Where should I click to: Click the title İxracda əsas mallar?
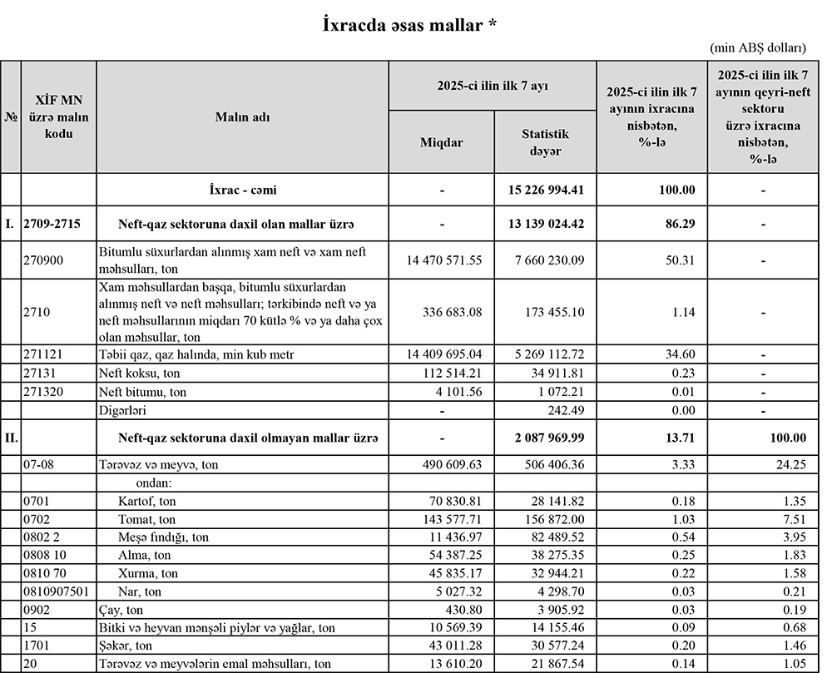point(410,26)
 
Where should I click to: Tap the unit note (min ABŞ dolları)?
point(758,49)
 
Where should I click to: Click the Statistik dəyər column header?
point(545,142)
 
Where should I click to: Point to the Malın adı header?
point(242,117)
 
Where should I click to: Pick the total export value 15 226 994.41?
point(546,190)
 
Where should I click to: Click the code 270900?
point(43,260)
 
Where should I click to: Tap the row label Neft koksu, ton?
point(139,374)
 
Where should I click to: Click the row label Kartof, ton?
point(147,502)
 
